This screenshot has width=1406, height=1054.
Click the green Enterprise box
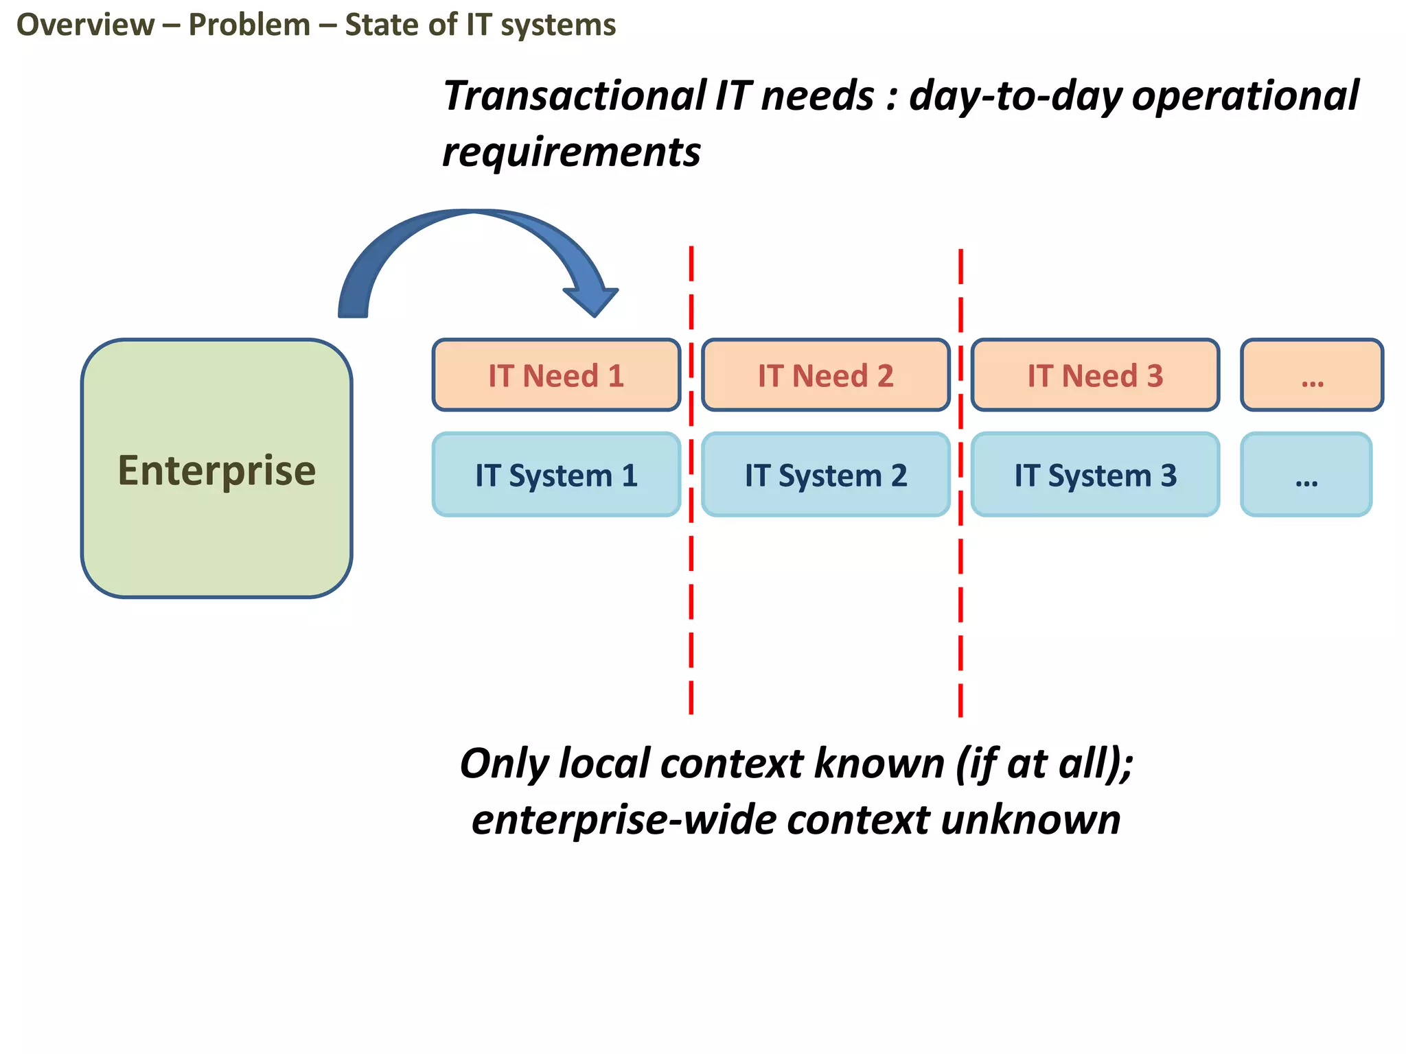pyautogui.click(x=216, y=469)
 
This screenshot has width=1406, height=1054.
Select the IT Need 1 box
pyautogui.click(x=556, y=375)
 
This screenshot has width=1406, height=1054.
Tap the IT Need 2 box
pyautogui.click(x=825, y=375)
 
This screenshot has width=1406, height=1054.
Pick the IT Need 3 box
pyautogui.click(x=1095, y=375)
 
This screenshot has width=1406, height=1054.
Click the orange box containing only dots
pyautogui.click(x=1312, y=375)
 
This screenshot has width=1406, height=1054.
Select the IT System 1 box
pyautogui.click(x=556, y=475)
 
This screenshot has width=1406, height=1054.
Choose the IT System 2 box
pyautogui.click(x=825, y=475)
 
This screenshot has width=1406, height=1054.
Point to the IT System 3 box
pyautogui.click(x=1095, y=475)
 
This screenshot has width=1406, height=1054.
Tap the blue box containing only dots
pyautogui.click(x=1306, y=475)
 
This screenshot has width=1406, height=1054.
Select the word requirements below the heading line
pyautogui.click(x=571, y=152)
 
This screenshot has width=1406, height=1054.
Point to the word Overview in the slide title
pyautogui.click(x=86, y=25)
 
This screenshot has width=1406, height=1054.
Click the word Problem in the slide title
pyautogui.click(x=249, y=25)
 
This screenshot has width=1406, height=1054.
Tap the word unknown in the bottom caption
pyautogui.click(x=1030, y=820)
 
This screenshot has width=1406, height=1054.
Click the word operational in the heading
pyautogui.click(x=1245, y=95)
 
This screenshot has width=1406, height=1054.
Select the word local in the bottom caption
pyautogui.click(x=603, y=763)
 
